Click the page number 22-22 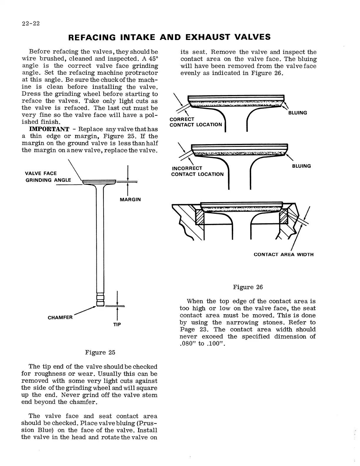[31, 24]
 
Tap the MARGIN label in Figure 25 [130, 199]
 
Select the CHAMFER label [60, 317]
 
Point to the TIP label [117, 324]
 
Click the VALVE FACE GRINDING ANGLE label [48, 177]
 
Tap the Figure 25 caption [100, 352]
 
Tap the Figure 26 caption [248, 287]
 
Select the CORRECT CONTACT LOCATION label [196, 122]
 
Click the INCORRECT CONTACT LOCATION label [197, 171]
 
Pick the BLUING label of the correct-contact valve [297, 113]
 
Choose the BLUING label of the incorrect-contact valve [301, 166]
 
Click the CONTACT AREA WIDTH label [284, 254]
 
